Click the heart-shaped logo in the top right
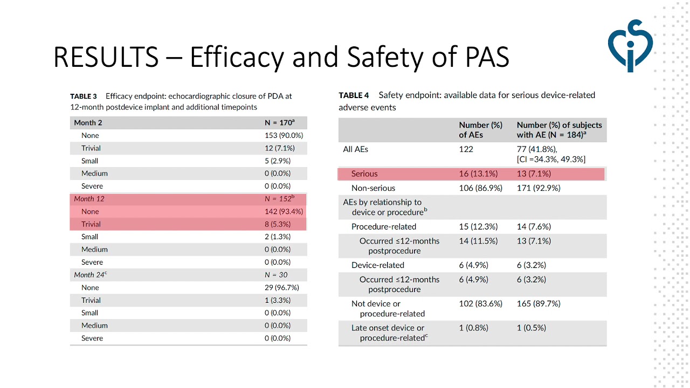[630, 45]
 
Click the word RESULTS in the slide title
[106, 57]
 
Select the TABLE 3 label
[83, 96]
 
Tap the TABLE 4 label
[354, 95]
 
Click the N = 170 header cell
[279, 123]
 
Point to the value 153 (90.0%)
[284, 135]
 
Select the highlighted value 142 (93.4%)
[284, 211]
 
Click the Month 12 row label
[89, 199]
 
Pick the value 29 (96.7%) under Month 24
[281, 287]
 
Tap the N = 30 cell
[276, 275]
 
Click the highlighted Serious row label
[364, 174]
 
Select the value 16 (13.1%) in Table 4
[478, 174]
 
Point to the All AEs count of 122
[466, 149]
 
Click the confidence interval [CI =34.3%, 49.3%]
[551, 160]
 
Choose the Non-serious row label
[373, 188]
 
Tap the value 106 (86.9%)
[480, 188]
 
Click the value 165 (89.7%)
[538, 303]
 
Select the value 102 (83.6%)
[480, 303]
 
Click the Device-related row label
[377, 265]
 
